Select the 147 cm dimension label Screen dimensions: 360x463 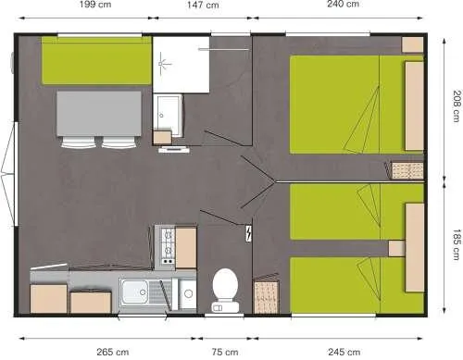tap(202, 6)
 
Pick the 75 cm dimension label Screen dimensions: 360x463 tap(224, 352)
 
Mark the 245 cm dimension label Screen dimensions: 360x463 tap(343, 352)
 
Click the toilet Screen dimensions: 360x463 tap(225, 288)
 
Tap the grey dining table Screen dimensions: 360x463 tap(99, 113)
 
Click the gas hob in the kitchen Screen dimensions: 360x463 tap(167, 247)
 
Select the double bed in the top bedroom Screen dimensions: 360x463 tap(352, 104)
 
